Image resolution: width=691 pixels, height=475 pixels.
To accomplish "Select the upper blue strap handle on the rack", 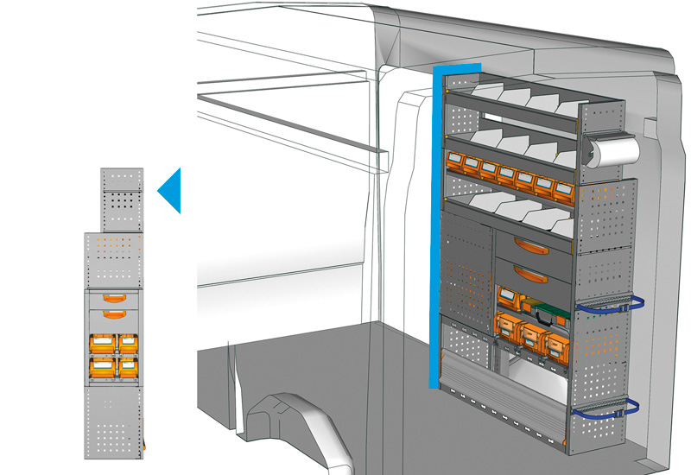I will [x=610, y=304].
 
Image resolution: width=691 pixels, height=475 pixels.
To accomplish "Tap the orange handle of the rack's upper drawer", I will [x=529, y=246].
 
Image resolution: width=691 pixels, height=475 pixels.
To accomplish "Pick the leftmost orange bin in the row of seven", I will [x=453, y=161].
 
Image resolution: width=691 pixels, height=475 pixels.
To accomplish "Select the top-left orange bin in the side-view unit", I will [x=103, y=344].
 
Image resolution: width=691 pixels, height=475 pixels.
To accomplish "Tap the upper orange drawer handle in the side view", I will [x=114, y=298].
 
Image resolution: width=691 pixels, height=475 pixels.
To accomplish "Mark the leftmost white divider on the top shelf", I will [x=485, y=89].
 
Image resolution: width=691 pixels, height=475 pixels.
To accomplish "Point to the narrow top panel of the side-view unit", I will [x=122, y=199].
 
